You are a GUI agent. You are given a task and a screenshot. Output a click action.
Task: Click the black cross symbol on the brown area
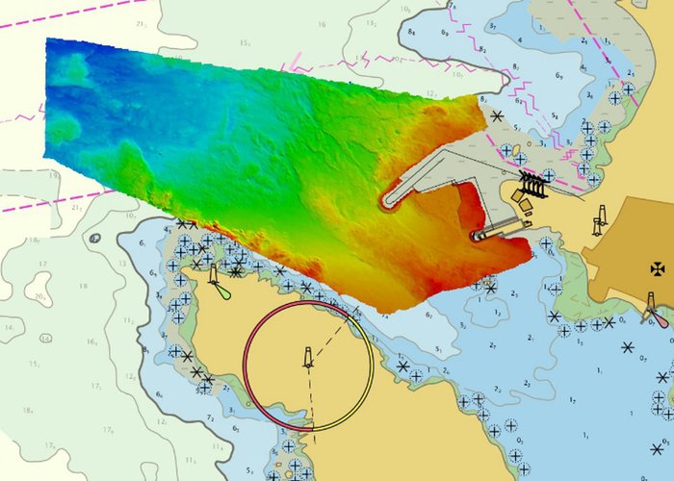pyautogui.click(x=658, y=266)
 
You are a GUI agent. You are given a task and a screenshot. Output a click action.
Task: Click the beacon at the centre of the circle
pyautogui.click(x=308, y=358)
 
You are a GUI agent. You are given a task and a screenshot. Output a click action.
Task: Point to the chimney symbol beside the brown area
pyautogui.click(x=601, y=218)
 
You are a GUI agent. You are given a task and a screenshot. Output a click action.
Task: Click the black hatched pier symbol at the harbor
pyautogui.click(x=533, y=186)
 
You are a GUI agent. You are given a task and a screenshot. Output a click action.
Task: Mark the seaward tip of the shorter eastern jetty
pyautogui.click(x=475, y=235)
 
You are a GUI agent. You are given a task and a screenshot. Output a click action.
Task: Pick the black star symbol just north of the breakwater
pyautogui.click(x=497, y=116)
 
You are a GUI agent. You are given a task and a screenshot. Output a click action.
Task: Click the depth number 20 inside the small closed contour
pyautogui.click(x=39, y=297)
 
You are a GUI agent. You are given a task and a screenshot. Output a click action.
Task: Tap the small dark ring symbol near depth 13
pyautogui.click(x=94, y=238)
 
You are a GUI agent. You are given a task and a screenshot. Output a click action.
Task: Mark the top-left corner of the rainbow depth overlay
pyautogui.click(x=47, y=39)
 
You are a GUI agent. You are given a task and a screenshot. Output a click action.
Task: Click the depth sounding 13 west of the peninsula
pyautogui.click(x=122, y=264)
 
